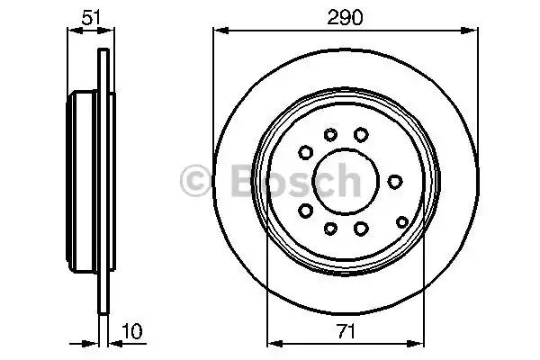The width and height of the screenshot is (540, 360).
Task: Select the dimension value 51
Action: [90, 17]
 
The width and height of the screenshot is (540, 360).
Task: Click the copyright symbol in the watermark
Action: [195, 182]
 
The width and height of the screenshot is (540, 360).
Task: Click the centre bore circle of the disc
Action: [346, 181]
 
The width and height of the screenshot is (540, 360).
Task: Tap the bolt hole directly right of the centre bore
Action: [394, 181]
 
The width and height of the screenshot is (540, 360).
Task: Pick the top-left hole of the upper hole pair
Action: [330, 135]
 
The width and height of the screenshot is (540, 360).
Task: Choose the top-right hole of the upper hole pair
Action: [361, 134]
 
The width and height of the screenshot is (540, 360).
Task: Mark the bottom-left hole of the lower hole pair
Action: [330, 228]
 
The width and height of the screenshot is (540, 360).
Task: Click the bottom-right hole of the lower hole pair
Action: [361, 229]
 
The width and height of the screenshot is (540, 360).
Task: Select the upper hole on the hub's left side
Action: [306, 151]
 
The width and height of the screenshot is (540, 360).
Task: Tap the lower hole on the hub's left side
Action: [306, 211]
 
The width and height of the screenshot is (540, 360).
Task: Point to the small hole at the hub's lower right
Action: [401, 220]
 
